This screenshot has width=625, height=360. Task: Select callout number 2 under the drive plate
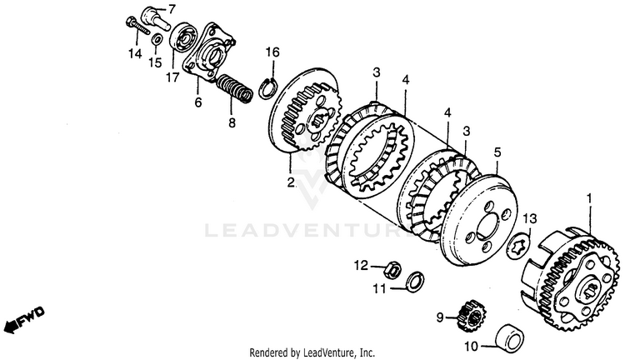pyautogui.click(x=290, y=182)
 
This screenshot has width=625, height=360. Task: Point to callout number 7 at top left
pyautogui.click(x=172, y=9)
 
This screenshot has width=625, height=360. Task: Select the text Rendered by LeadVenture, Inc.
pyautogui.click(x=312, y=353)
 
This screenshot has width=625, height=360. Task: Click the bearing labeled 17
pyautogui.click(x=182, y=40)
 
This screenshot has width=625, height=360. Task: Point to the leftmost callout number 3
pyautogui.click(x=376, y=72)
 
